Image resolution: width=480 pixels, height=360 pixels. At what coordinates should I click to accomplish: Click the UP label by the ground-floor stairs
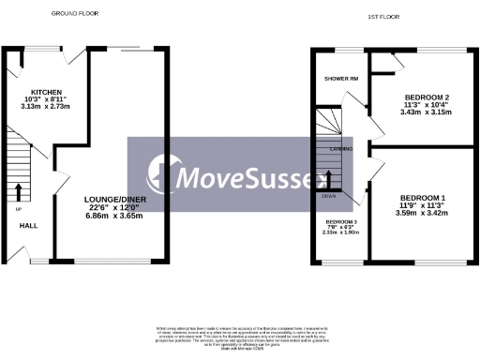[x=18, y=209]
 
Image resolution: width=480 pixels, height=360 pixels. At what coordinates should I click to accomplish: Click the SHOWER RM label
[x=340, y=79]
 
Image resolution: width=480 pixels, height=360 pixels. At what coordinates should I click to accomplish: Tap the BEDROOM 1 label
[x=422, y=198]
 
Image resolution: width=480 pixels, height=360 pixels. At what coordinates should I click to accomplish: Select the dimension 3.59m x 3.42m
[x=422, y=213]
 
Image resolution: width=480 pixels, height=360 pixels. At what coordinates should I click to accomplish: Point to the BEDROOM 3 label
[x=341, y=221]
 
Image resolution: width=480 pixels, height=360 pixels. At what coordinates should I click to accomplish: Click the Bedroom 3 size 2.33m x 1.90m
[x=341, y=233]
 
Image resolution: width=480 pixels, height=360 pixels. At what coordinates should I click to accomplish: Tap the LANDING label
[x=341, y=148]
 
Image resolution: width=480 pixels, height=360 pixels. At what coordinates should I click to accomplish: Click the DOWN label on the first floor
[x=328, y=196]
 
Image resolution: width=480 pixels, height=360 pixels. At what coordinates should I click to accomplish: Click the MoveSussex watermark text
[x=240, y=174]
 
